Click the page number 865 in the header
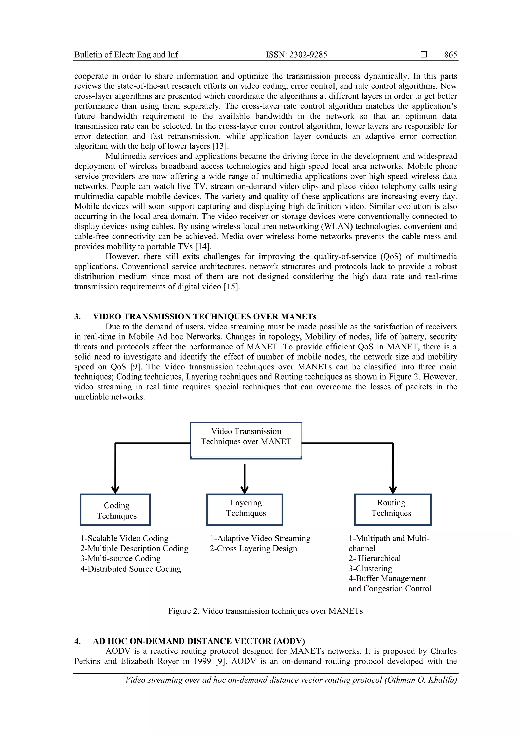click(x=450, y=55)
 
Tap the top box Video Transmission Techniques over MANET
click(x=246, y=440)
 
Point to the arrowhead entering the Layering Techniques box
click(x=244, y=490)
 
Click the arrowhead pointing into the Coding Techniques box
click(x=115, y=490)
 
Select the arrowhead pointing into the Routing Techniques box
click(x=393, y=490)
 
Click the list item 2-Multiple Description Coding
click(x=134, y=549)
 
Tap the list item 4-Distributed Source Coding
click(x=131, y=569)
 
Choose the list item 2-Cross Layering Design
click(x=253, y=549)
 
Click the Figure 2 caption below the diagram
click(x=265, y=611)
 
